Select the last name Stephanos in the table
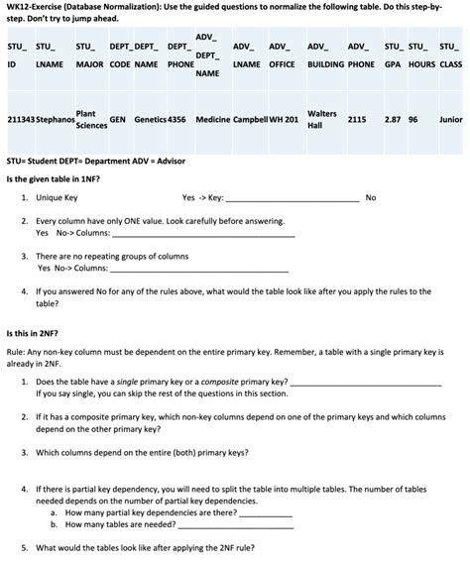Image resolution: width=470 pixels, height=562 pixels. point(56,120)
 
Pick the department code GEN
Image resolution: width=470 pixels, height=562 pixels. point(117,120)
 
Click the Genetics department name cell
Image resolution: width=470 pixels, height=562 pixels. point(150,120)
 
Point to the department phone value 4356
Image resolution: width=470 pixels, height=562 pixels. point(177,120)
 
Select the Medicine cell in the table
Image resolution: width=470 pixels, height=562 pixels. point(212,120)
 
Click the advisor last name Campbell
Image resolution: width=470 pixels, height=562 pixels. point(252,120)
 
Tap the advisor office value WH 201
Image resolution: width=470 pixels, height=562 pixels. point(286,120)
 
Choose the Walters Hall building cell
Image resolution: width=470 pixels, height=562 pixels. point(322,120)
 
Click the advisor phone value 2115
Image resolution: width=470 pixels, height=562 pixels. point(357,120)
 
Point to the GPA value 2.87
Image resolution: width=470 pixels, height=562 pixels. point(393,120)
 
